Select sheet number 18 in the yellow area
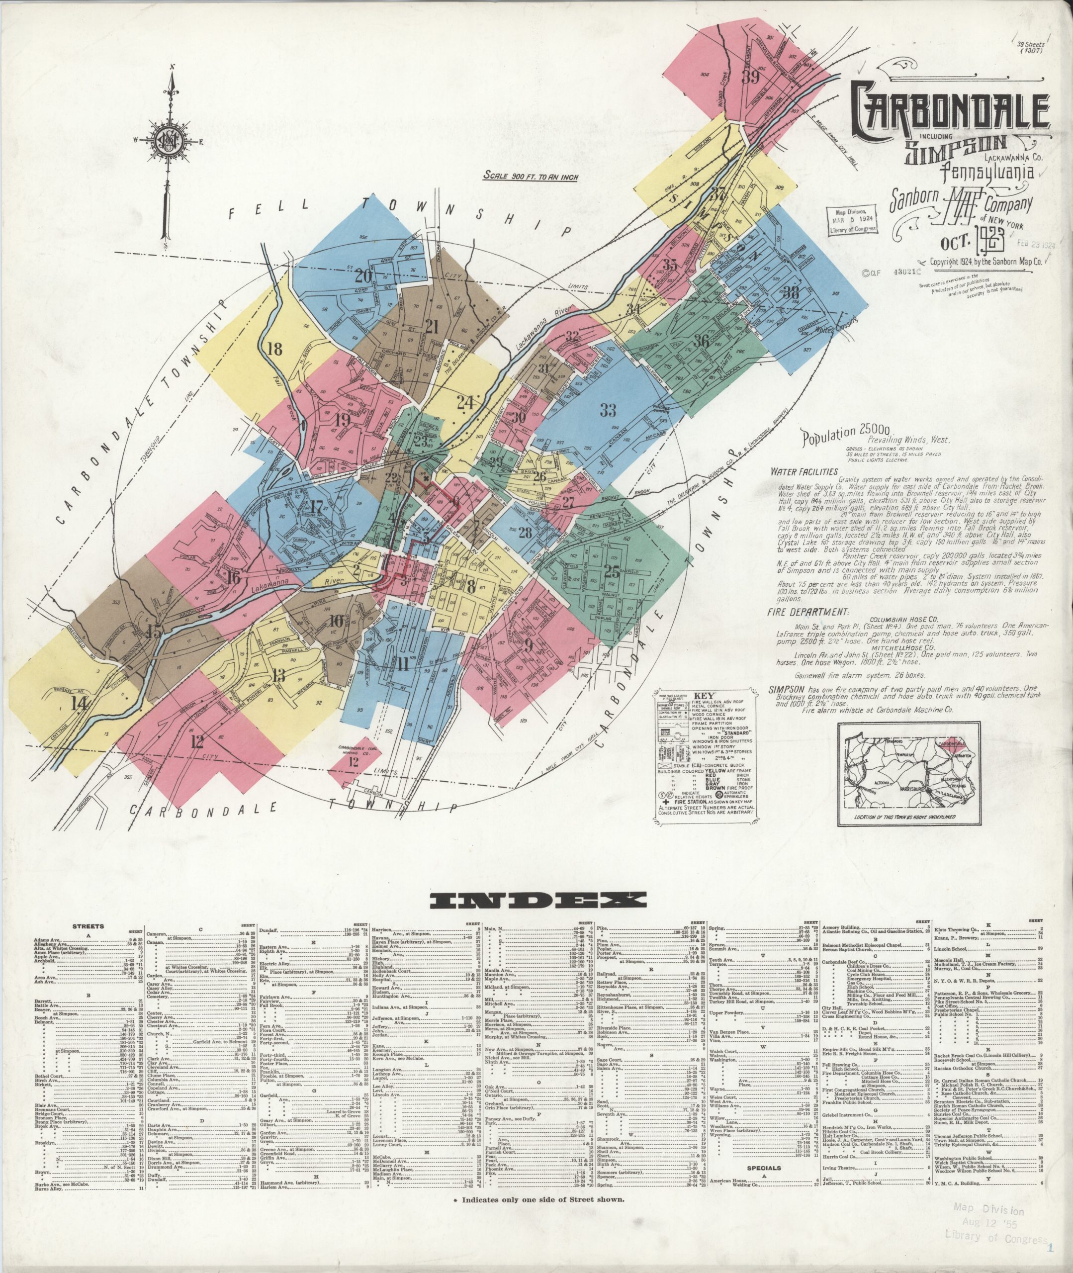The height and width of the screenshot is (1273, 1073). point(275,349)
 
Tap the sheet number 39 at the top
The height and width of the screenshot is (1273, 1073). point(751,77)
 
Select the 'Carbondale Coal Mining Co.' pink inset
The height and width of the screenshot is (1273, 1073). point(357,761)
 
